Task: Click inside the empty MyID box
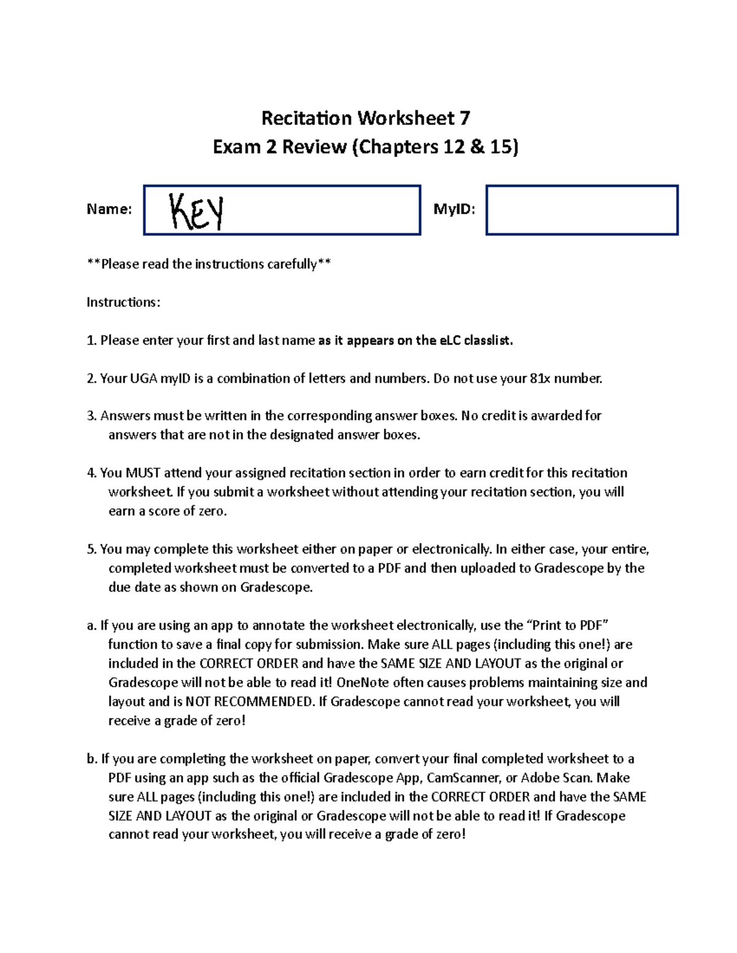[x=582, y=210]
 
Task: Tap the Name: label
[x=109, y=209]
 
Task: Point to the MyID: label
[x=454, y=209]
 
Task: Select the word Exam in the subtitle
[x=236, y=147]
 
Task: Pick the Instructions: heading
[x=123, y=302]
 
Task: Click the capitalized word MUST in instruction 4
[x=142, y=473]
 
